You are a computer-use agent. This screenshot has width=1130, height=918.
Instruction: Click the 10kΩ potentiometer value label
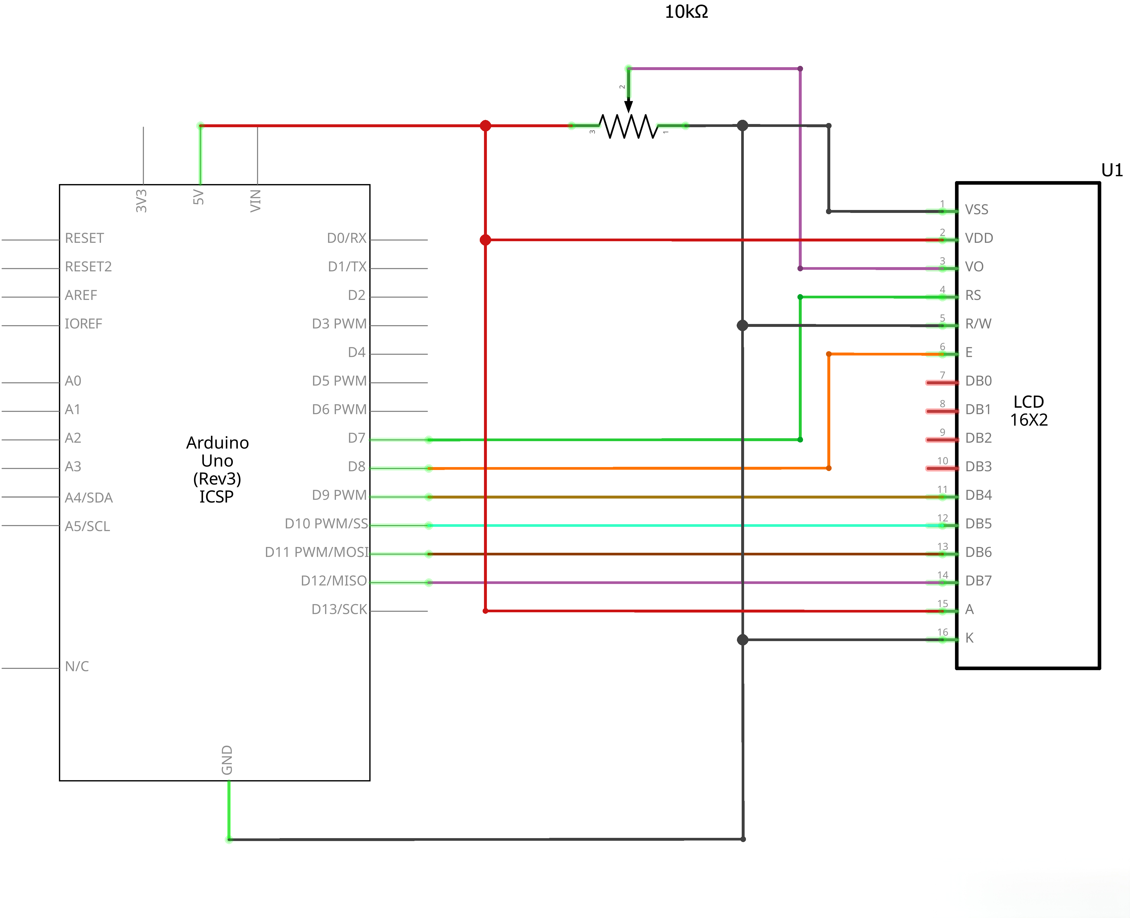686,12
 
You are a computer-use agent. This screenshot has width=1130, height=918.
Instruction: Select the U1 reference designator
1111,170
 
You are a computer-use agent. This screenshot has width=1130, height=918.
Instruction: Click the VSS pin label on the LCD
976,210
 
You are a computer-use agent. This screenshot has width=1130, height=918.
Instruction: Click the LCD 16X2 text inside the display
1028,411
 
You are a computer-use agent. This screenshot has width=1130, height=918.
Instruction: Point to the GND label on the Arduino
227,760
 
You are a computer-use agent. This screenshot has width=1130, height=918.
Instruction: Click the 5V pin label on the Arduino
198,197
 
